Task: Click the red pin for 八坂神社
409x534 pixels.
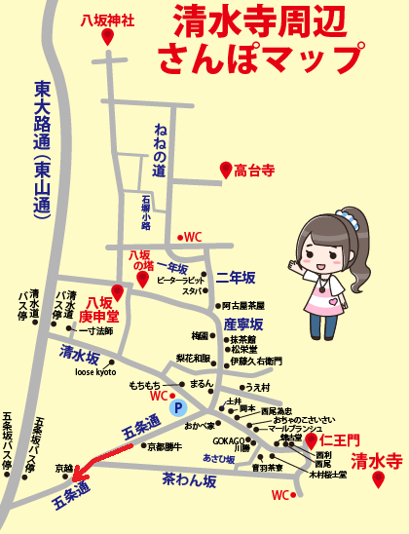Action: [x=107, y=37]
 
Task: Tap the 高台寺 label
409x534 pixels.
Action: [x=255, y=172]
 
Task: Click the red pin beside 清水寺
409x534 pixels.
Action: [x=377, y=480]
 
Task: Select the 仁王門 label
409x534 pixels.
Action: [x=340, y=441]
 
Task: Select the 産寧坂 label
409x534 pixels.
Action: [x=243, y=324]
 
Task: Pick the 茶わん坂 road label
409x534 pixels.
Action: [x=189, y=477]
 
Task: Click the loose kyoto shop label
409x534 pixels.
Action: [x=95, y=372]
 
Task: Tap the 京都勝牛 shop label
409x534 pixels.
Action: [x=166, y=447]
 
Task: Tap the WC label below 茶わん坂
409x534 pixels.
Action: [x=280, y=495]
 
